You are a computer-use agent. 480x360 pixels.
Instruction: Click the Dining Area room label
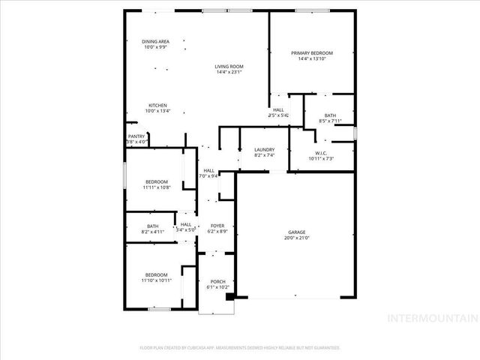[157, 41]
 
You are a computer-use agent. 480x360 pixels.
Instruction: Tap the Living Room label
[229, 67]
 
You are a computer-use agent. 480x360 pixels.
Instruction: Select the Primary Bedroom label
[312, 53]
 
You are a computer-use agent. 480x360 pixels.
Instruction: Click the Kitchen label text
[157, 105]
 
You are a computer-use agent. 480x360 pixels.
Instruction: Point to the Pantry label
[136, 136]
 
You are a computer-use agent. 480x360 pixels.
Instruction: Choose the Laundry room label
[265, 149]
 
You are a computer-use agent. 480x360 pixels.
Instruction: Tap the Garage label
[298, 232]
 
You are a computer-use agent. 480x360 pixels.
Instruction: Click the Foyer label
[217, 226]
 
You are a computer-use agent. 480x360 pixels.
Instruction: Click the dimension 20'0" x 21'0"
[298, 238]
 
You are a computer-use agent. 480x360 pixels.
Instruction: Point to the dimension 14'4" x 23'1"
[229, 73]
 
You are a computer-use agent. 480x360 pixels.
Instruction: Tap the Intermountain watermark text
[430, 317]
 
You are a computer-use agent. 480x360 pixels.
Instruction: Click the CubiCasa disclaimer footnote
[240, 348]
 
